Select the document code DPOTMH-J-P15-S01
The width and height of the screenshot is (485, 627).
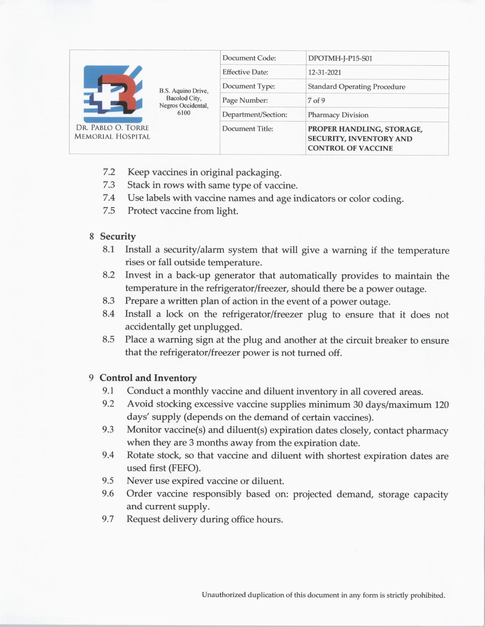click(340, 59)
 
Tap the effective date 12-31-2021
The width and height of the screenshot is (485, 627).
click(324, 73)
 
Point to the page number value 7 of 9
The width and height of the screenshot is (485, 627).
click(316, 101)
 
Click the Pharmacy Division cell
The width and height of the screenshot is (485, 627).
click(338, 115)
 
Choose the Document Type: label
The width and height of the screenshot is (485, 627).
click(248, 86)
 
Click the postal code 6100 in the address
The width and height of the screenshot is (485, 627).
click(184, 113)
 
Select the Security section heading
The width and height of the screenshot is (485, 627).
click(118, 236)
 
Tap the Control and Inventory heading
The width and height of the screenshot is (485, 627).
click(148, 378)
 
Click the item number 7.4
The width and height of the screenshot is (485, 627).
click(109, 198)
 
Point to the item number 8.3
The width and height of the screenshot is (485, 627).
click(108, 301)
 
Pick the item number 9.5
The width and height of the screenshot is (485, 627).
click(108, 481)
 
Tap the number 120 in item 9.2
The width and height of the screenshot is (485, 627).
click(441, 405)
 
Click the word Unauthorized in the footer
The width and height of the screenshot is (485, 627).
click(224, 595)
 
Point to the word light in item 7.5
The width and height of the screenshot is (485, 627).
click(227, 211)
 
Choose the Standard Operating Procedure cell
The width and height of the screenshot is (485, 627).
click(356, 87)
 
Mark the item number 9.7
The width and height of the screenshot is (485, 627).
click(108, 519)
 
